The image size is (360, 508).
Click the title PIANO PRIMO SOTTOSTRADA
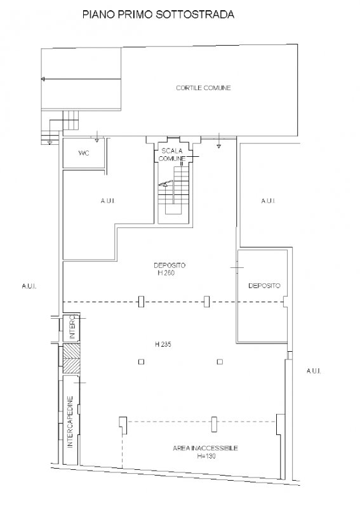click(158, 15)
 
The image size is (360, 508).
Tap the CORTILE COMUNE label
click(204, 88)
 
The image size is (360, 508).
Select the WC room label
click(84, 153)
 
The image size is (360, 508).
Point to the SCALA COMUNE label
click(172, 154)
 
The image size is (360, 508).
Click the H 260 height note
click(166, 273)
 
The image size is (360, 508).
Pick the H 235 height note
click(163, 344)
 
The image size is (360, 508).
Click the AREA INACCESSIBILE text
click(206, 448)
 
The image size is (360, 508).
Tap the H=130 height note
click(206, 456)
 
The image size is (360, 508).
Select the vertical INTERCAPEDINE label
click(70, 422)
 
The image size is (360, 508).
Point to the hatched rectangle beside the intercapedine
click(71, 359)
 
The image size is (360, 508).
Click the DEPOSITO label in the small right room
click(264, 285)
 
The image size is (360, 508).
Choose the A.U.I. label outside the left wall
click(29, 286)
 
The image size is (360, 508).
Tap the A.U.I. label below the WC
click(108, 201)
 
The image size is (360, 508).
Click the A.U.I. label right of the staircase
click(269, 201)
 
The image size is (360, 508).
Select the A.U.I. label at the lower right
click(314, 371)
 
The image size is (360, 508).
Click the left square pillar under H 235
click(142, 362)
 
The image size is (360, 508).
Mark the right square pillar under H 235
click(220, 362)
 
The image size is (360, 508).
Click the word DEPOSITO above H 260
click(170, 265)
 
